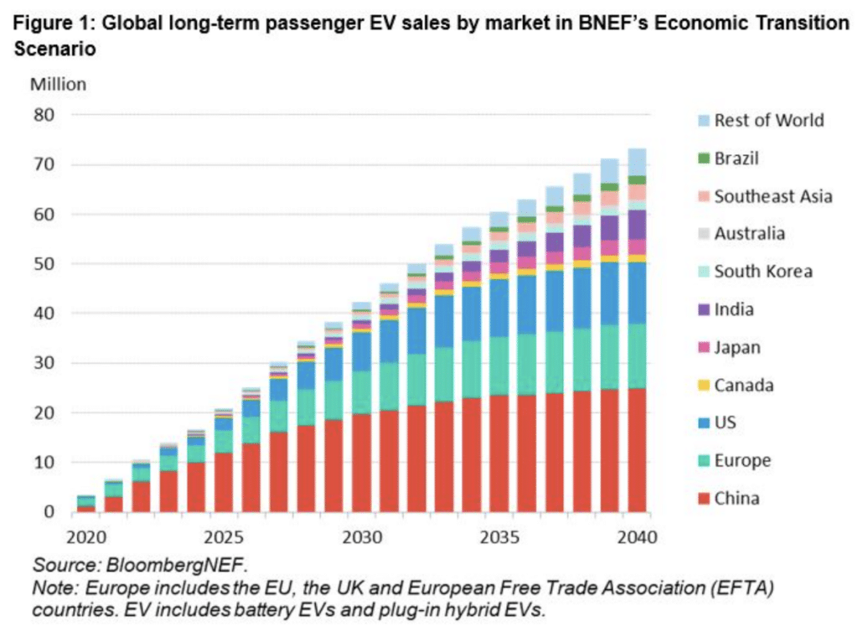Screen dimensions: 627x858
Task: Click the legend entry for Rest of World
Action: [768, 121]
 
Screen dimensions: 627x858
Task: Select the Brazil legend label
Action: [737, 158]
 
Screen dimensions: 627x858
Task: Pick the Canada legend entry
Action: [743, 386]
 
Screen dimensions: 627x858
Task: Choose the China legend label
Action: [737, 499]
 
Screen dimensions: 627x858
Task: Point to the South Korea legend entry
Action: [762, 272]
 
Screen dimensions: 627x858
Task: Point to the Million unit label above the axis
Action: [58, 84]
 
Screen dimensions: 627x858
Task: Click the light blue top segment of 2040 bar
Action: [637, 162]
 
